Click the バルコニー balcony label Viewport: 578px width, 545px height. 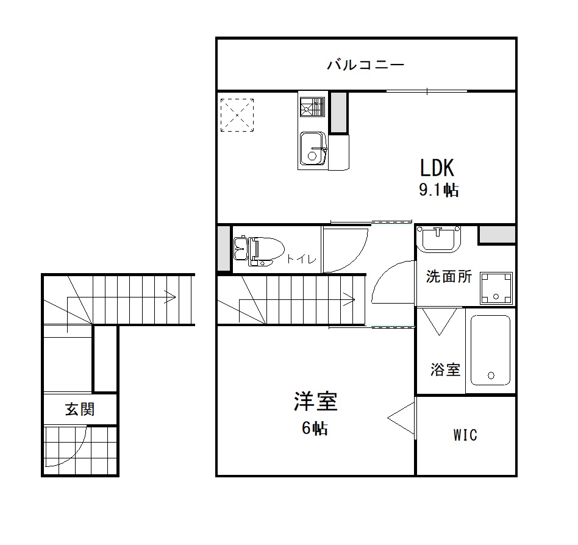click(366, 65)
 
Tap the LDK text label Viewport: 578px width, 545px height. click(437, 168)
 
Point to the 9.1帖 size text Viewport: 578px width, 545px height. click(438, 190)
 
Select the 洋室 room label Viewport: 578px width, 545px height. click(316, 401)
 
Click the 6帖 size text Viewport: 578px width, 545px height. click(315, 428)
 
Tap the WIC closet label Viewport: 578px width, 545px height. click(465, 435)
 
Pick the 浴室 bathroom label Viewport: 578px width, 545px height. click(445, 369)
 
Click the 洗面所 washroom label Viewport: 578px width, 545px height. click(449, 276)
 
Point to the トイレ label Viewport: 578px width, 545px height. click(302, 259)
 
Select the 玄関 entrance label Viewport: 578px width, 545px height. click(80, 409)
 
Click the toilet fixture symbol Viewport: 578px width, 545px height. click(259, 251)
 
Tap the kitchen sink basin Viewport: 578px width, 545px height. click(313, 149)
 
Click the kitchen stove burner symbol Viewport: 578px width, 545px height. click(312, 107)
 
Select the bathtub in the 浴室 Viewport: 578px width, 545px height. click(490, 350)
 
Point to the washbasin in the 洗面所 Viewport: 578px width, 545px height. click(438, 239)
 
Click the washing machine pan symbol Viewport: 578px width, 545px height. click(496, 288)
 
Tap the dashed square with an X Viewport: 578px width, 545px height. click(237, 115)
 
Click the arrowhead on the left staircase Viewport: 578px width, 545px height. click(170, 297)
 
